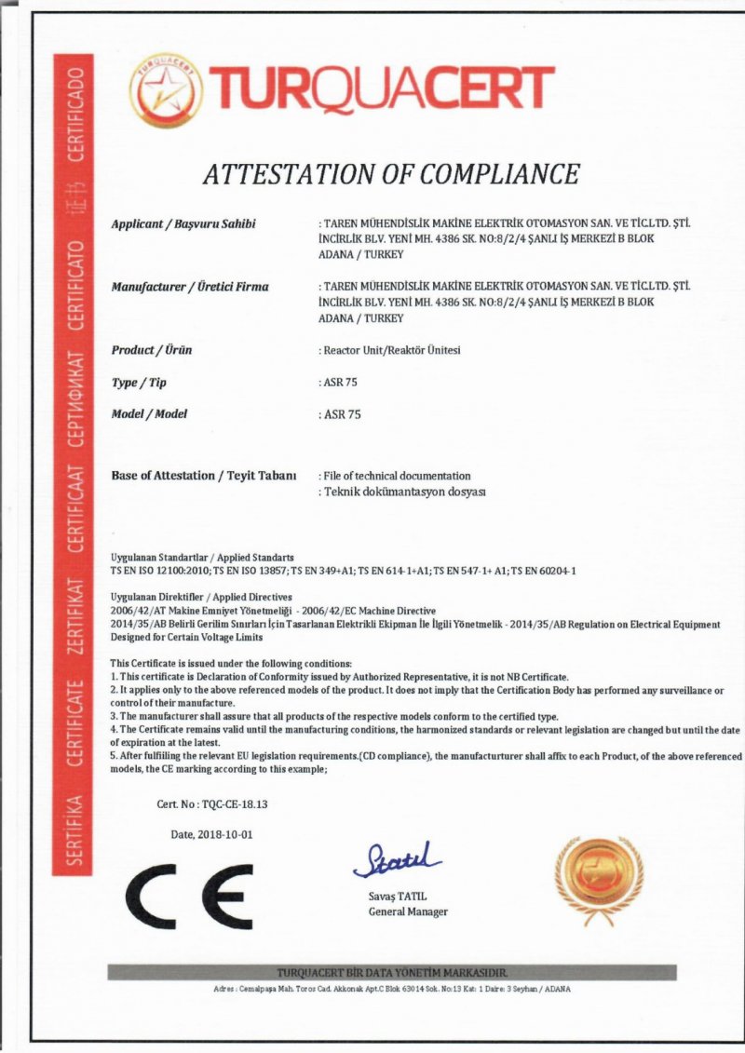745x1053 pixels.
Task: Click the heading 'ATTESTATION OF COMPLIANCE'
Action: point(391,173)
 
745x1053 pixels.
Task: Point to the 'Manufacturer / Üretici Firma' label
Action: point(189,287)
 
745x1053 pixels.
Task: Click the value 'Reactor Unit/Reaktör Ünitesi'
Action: point(390,350)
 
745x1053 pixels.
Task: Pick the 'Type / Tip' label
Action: point(139,382)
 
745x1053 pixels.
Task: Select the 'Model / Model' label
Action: point(149,413)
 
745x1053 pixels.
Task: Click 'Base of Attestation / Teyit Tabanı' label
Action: point(203,475)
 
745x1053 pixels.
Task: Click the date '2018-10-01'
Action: point(224,834)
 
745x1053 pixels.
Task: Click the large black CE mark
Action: point(190,893)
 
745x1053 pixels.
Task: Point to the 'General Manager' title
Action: point(408,911)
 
